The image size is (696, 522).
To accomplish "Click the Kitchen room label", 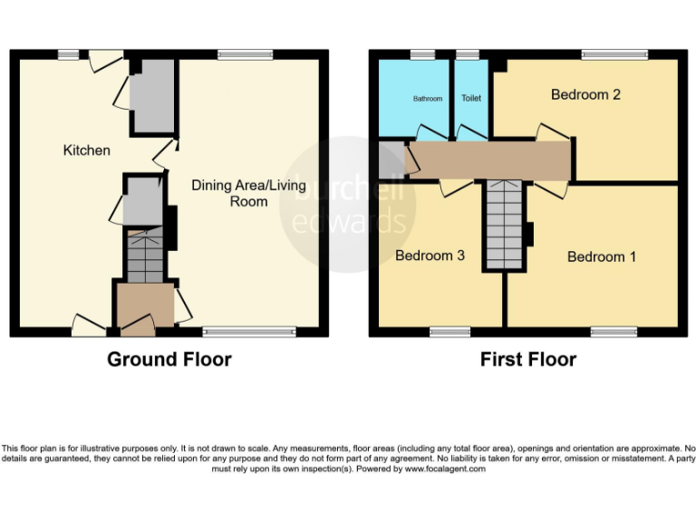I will click(x=86, y=150).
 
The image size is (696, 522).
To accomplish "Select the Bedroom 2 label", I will click(x=585, y=94).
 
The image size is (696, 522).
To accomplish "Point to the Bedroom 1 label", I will click(x=601, y=256).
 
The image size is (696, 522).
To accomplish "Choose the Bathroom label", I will click(x=428, y=98).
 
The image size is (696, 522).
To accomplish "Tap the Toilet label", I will click(x=471, y=98).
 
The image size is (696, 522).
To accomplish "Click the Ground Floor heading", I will click(x=169, y=359).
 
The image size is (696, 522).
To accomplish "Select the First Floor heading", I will click(x=527, y=359).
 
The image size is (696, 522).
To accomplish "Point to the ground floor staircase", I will click(x=145, y=256).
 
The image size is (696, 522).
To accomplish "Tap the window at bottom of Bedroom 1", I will click(x=614, y=333).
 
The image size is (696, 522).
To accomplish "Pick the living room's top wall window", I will click(x=245, y=54).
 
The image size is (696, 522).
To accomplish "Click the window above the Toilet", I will click(x=467, y=54).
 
